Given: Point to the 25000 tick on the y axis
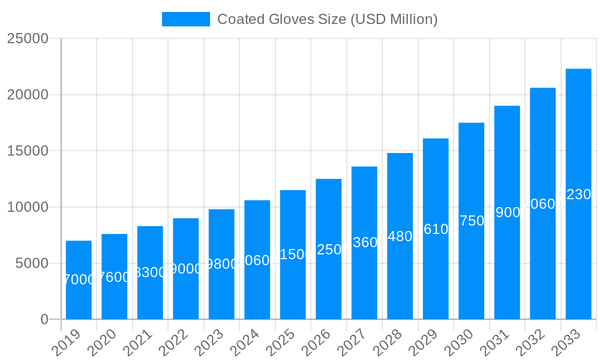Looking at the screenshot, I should tap(27, 38).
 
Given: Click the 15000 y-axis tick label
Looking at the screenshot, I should tap(27, 151).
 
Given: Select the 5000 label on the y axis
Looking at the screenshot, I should tap(31, 263).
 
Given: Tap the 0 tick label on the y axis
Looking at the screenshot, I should tap(44, 320).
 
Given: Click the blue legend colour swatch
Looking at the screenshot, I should tap(186, 19).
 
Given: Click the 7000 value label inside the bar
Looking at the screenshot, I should tap(79, 280).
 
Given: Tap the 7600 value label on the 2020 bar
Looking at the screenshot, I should tap(114, 277).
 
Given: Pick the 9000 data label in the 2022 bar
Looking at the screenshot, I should tap(186, 269).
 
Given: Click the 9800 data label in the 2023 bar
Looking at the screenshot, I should tap(221, 264).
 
